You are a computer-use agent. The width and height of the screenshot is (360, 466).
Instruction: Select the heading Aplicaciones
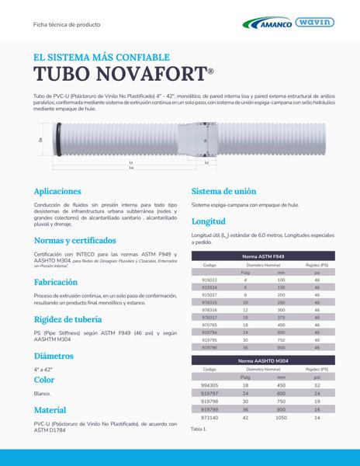click(x=57, y=190)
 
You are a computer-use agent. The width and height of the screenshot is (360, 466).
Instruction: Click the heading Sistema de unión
click(x=223, y=190)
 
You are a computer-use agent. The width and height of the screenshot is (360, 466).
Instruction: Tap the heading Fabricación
click(x=56, y=282)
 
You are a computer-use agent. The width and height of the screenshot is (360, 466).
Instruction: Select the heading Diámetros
click(x=54, y=356)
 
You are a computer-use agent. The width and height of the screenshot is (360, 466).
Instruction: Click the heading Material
click(x=50, y=409)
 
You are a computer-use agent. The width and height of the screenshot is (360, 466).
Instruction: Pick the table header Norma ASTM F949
click(x=263, y=256)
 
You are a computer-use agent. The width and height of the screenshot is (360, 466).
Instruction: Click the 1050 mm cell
click(x=281, y=417)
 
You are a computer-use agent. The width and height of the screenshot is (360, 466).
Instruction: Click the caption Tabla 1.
click(x=199, y=429)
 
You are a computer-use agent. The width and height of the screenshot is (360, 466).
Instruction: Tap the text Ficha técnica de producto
click(x=67, y=24)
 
